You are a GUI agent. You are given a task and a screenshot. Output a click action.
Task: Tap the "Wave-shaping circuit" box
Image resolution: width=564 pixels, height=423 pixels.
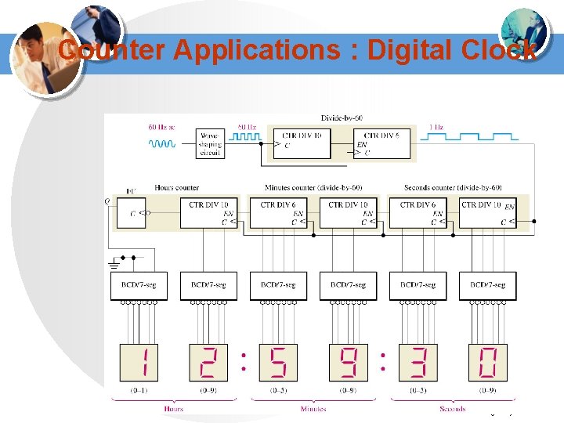point(210,144)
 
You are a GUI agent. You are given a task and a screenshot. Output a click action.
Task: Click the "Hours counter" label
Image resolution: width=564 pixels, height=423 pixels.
point(177,188)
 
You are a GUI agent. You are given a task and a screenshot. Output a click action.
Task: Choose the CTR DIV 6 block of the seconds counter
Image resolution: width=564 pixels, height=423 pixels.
point(418,211)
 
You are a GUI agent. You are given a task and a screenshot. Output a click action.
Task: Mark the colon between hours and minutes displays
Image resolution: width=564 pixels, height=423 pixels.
point(244,361)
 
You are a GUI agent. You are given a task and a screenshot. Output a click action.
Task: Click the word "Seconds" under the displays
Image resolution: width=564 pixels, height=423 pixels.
point(452,408)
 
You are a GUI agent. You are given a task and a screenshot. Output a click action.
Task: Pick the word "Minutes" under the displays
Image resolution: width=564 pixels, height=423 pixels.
point(313,408)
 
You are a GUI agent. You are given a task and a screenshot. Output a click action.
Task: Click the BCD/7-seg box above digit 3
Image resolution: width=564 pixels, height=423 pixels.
point(418,285)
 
